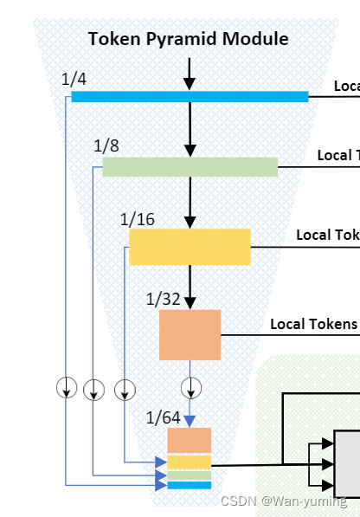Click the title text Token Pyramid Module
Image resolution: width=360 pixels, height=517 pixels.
point(188,38)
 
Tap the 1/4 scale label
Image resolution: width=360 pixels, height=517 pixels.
point(74,80)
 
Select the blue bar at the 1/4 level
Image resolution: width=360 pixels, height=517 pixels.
point(190,96)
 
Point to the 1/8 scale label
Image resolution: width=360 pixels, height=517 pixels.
point(106,145)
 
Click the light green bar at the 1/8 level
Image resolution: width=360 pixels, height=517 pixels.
point(190,166)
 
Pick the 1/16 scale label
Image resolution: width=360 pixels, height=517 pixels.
point(138,219)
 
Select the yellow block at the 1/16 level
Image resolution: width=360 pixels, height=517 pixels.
point(190,247)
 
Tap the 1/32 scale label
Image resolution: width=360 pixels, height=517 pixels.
point(164,300)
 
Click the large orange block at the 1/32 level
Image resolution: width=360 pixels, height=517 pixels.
point(190,334)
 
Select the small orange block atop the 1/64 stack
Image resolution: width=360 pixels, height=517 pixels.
point(190,440)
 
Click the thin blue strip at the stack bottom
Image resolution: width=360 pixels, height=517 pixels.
point(190,485)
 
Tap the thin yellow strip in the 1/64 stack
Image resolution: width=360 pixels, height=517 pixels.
point(190,462)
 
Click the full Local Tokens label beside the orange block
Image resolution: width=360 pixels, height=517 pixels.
point(313,324)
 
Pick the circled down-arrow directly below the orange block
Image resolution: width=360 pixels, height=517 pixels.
point(190,386)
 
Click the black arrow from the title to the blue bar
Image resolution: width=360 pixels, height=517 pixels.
point(190,71)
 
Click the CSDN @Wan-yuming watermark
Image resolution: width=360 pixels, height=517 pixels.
point(283,501)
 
